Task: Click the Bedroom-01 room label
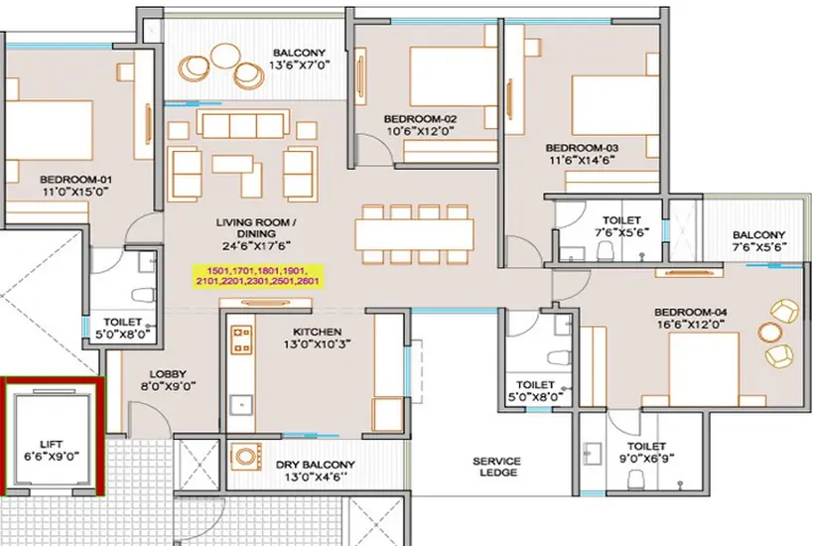pyautogui.click(x=75, y=180)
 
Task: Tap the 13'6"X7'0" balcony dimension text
pyautogui.click(x=300, y=65)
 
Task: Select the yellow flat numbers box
pyautogui.click(x=258, y=276)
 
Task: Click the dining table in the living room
pyautogui.click(x=414, y=234)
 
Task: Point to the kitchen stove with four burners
pyautogui.click(x=241, y=341)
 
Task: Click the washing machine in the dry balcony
pyautogui.click(x=246, y=457)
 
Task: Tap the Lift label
pyautogui.click(x=52, y=445)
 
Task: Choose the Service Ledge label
pyautogui.click(x=496, y=467)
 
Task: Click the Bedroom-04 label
pyautogui.click(x=690, y=312)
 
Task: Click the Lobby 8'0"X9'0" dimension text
pyautogui.click(x=168, y=386)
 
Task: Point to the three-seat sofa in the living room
pyautogui.click(x=242, y=123)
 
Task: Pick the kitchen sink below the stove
pyautogui.click(x=241, y=405)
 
